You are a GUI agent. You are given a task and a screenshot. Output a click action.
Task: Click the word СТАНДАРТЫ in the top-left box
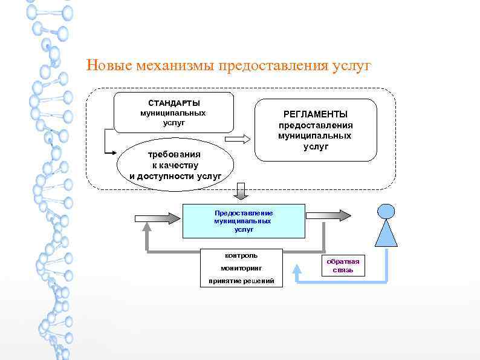(x=174, y=103)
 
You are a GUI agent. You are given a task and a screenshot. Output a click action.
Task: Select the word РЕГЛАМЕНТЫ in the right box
(x=316, y=114)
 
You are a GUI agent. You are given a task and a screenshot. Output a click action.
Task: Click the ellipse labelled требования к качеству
(x=175, y=165)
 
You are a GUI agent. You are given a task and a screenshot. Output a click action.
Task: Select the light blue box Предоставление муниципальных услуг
(x=244, y=221)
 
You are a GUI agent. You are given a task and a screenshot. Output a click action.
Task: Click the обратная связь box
(x=343, y=266)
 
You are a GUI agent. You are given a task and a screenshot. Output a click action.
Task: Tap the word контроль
(x=241, y=255)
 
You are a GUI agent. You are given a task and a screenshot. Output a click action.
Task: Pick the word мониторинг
(x=241, y=268)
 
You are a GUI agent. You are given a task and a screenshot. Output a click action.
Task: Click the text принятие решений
(x=241, y=281)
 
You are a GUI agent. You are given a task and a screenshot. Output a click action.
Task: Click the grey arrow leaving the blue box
(x=328, y=215)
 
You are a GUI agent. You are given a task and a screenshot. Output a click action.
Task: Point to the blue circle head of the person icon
(x=386, y=211)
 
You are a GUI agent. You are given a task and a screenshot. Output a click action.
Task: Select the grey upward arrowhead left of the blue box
(x=147, y=229)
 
